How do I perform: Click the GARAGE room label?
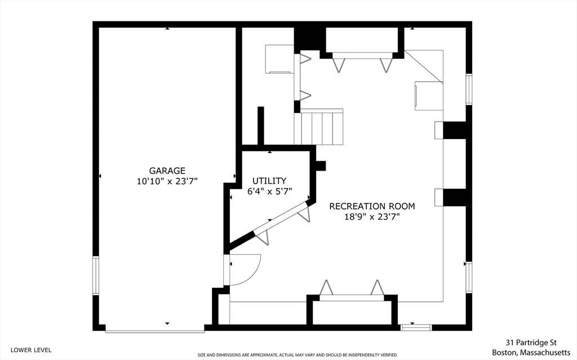[x=167, y=171]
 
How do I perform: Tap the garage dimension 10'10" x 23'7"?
[x=167, y=181]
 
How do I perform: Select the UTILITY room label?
[x=269, y=181]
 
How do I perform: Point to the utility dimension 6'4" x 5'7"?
[x=269, y=191]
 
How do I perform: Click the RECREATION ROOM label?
[x=372, y=206]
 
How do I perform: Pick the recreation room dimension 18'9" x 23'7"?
[x=372, y=217]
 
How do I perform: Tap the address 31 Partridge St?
[x=531, y=342]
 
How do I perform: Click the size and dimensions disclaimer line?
[x=298, y=355]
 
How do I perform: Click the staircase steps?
[x=322, y=127]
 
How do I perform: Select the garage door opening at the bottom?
[x=155, y=331]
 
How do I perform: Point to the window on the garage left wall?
[x=96, y=276]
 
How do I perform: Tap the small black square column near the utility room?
[x=321, y=166]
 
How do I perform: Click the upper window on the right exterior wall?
[x=468, y=89]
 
